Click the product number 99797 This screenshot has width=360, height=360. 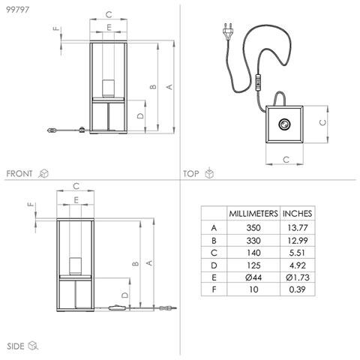point(17,10)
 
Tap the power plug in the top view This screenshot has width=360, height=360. point(229,31)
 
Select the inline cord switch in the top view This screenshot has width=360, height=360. point(258,82)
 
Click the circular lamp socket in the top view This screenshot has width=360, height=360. point(284,124)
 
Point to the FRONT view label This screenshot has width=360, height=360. point(19,173)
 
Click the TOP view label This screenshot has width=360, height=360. point(191,174)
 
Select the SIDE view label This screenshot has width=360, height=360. point(16,346)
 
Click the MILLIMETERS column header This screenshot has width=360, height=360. point(253,214)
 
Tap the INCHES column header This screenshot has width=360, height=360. point(297,214)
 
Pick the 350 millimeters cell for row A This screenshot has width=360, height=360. point(253,228)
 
